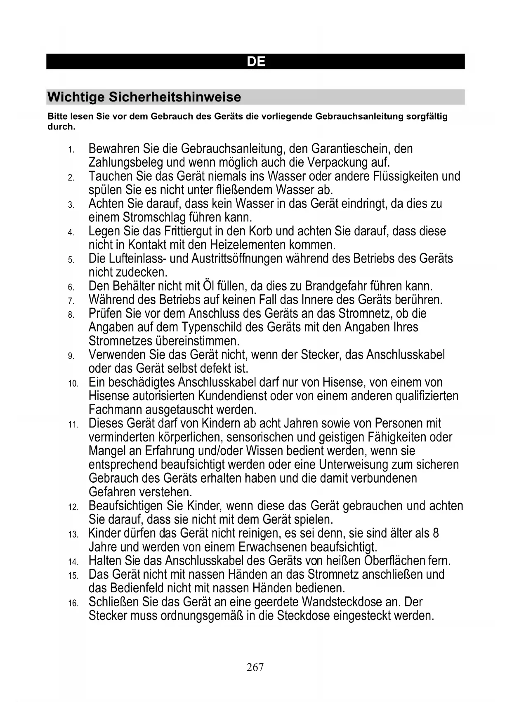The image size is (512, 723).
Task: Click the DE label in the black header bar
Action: [x=256, y=62]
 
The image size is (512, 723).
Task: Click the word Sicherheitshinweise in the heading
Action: [x=175, y=97]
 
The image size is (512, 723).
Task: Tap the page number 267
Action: [x=255, y=667]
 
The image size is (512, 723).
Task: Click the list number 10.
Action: [x=73, y=383]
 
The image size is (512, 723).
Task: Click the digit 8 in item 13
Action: [x=435, y=533]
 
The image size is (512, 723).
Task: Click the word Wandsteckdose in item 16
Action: [x=345, y=602]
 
